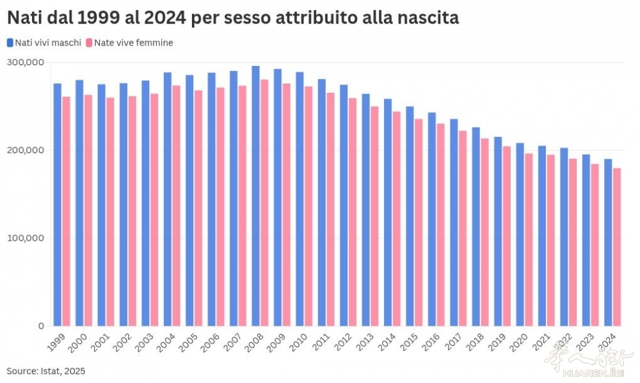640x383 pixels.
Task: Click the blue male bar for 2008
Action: tap(255, 196)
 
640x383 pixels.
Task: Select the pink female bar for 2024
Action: tap(618, 247)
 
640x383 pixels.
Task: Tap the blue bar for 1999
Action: tap(58, 205)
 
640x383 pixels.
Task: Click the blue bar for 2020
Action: tap(520, 234)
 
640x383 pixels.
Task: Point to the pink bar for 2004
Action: tap(177, 206)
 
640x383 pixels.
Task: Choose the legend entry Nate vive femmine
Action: tap(133, 43)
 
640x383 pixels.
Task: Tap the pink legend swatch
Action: tap(90, 43)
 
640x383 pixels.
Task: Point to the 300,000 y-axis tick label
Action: tap(26, 62)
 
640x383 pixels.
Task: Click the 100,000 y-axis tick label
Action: tap(26, 238)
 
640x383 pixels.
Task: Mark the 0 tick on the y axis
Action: tap(40, 326)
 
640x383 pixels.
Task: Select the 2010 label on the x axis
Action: tap(298, 343)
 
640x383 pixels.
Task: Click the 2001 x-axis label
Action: tap(100, 343)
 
